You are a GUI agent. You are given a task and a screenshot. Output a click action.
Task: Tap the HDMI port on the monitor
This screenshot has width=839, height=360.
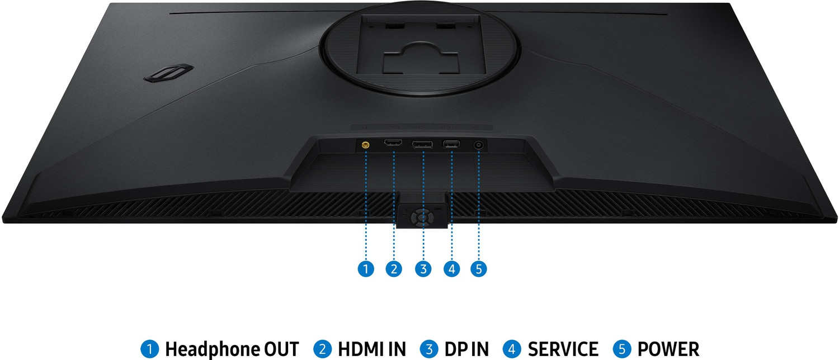pyautogui.click(x=393, y=143)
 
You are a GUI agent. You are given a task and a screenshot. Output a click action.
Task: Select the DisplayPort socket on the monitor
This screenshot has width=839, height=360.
pyautogui.click(x=422, y=144)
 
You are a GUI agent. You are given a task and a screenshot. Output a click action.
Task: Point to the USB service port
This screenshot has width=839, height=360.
pyautogui.click(x=451, y=143)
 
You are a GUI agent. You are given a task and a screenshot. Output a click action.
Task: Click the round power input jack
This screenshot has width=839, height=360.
pyautogui.click(x=478, y=145)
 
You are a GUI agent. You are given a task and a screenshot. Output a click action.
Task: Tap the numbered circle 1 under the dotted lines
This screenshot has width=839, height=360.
pyautogui.click(x=366, y=268)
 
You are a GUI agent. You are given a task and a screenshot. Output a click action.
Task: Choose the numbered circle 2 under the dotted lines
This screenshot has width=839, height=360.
pyautogui.click(x=394, y=268)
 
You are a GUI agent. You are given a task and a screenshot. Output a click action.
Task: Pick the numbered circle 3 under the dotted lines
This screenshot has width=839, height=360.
pyautogui.click(x=423, y=268)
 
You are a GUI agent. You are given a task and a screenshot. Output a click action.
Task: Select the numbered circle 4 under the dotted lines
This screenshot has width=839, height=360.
pyautogui.click(x=451, y=268)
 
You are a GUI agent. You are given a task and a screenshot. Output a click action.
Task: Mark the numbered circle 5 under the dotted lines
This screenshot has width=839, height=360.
pyautogui.click(x=479, y=268)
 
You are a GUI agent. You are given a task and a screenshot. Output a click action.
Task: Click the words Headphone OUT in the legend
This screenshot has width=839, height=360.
pyautogui.click(x=232, y=349)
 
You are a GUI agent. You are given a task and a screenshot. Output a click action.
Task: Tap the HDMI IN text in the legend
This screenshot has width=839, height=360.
pyautogui.click(x=372, y=349)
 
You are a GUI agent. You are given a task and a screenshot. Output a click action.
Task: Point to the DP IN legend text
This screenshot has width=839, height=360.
pyautogui.click(x=466, y=349)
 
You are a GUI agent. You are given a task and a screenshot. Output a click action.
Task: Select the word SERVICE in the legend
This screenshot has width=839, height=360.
pyautogui.click(x=563, y=349)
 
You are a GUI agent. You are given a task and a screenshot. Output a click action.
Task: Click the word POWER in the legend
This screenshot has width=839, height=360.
pyautogui.click(x=668, y=349)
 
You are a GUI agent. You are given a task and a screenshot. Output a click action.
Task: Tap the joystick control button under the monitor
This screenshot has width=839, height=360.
pyautogui.click(x=422, y=217)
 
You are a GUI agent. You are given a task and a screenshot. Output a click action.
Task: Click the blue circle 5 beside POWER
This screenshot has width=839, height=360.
pyautogui.click(x=622, y=349)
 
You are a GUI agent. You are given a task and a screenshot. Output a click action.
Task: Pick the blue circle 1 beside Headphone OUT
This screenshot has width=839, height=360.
pyautogui.click(x=149, y=349)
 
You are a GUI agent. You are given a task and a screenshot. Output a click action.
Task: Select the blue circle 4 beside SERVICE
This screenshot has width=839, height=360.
pyautogui.click(x=512, y=349)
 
